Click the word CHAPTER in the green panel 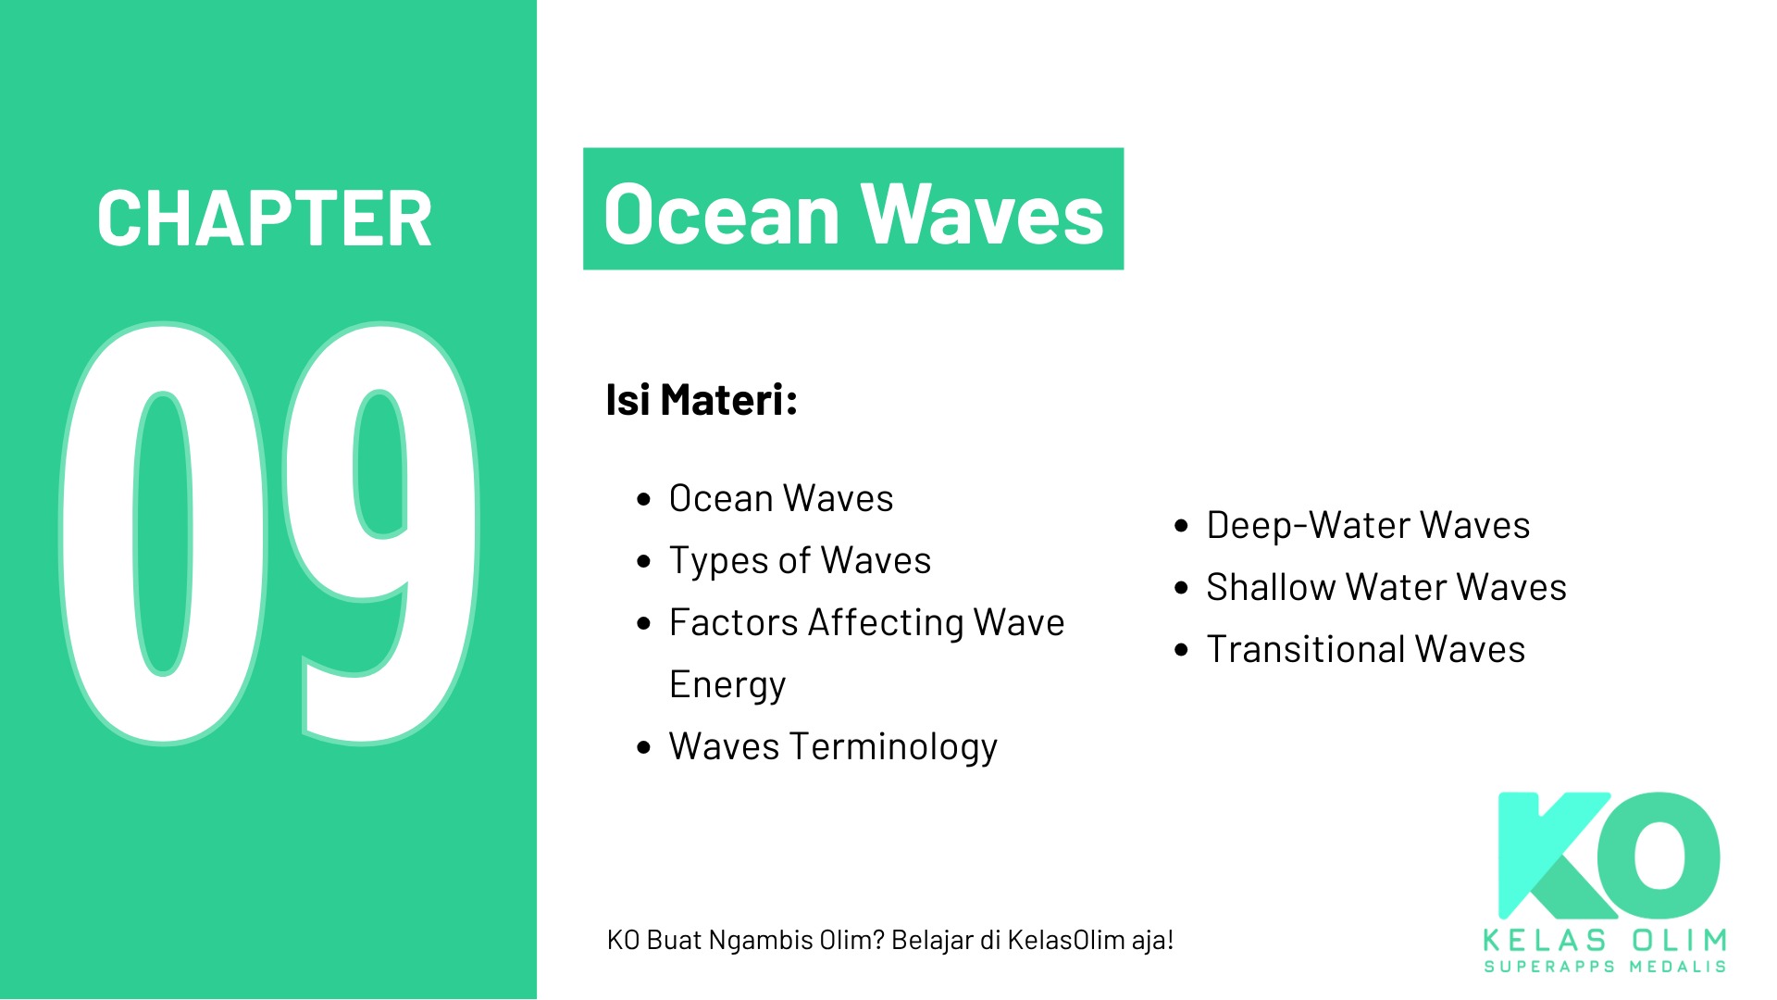click(x=265, y=219)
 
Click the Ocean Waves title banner click(x=853, y=209)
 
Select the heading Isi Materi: click(x=702, y=400)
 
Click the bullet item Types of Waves click(x=800, y=560)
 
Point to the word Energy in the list click(x=727, y=685)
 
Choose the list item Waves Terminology click(x=833, y=746)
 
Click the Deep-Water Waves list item click(x=1368, y=525)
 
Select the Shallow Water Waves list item click(x=1386, y=587)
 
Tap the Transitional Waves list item click(x=1365, y=649)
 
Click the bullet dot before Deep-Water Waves click(x=1181, y=526)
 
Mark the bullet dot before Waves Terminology click(x=644, y=747)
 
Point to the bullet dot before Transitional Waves click(x=1181, y=650)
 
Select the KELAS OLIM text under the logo click(x=1605, y=941)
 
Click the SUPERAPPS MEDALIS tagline click(x=1605, y=967)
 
